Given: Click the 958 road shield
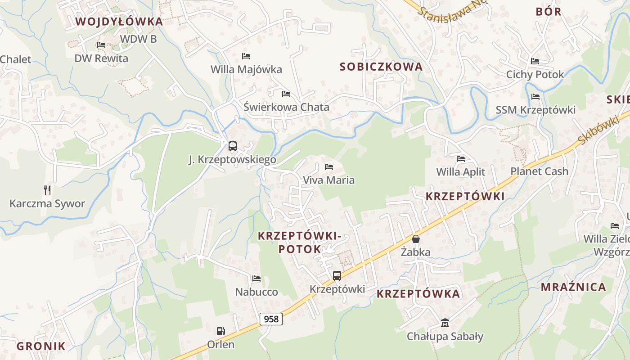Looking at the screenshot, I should click(271, 319).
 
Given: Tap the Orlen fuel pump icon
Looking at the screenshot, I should click(220, 331).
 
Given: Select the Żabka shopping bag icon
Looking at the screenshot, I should click(416, 239).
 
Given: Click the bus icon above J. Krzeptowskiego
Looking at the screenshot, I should click(232, 146).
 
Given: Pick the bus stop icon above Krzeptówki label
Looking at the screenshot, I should click(337, 276).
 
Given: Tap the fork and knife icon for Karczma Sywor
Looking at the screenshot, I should click(47, 190).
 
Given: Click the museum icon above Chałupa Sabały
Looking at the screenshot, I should click(445, 323).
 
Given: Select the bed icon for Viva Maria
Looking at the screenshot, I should click(329, 167).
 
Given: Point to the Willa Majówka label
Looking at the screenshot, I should click(246, 69).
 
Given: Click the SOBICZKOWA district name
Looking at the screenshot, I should click(381, 67).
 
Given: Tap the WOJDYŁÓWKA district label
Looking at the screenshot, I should click(119, 22).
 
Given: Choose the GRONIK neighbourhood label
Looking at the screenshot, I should click(41, 346).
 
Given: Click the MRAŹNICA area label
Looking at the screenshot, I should click(573, 287).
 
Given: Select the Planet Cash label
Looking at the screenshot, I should click(539, 171).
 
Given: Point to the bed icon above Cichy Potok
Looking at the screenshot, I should click(535, 61).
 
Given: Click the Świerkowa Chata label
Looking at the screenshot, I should click(286, 108).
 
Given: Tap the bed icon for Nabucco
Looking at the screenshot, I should click(256, 279).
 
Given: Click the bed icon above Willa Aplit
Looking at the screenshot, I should click(461, 159).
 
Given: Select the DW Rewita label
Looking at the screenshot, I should click(101, 58).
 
